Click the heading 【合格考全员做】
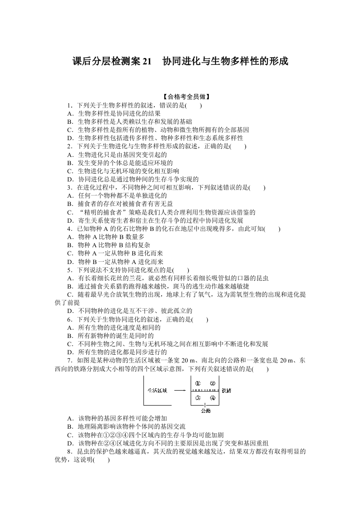[180, 97]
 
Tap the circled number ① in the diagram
[197, 383]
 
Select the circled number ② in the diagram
[212, 383]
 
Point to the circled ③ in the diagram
[197, 398]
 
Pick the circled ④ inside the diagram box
[212, 398]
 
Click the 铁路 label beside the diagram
[227, 391]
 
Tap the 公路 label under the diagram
[205, 411]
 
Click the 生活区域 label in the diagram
[158, 390]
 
